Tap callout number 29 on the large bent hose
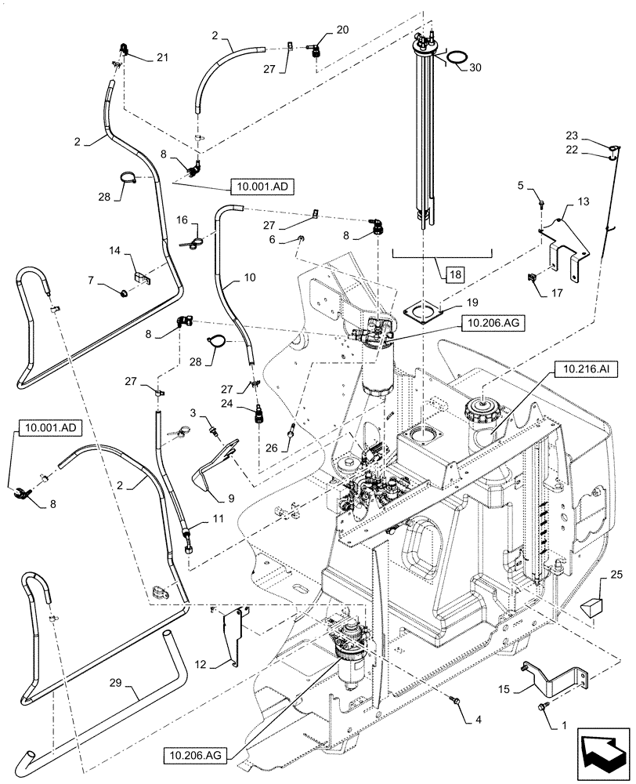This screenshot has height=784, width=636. [134, 693]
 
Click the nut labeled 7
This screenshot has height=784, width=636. [123, 293]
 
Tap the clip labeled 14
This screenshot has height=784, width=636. [141, 275]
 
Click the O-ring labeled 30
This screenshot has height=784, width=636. [453, 58]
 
